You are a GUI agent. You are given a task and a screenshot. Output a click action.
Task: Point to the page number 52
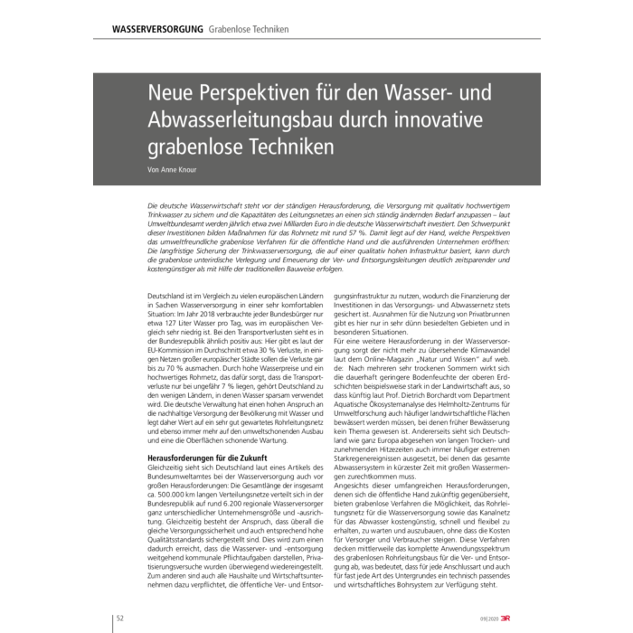(x=121, y=619)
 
